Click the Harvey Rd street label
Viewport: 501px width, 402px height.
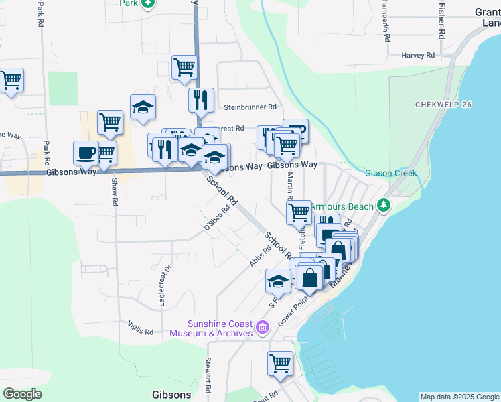(x=418, y=55)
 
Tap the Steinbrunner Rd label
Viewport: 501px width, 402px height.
(x=250, y=107)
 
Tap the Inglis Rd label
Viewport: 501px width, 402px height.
(x=141, y=327)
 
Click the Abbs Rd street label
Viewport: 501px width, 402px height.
(x=261, y=256)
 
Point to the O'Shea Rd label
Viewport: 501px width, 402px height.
(x=217, y=219)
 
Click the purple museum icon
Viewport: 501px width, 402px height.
(x=263, y=328)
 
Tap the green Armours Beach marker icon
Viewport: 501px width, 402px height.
(x=384, y=205)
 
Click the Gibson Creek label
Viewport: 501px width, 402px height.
(x=390, y=173)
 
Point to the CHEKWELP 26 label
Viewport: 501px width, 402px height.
(x=443, y=105)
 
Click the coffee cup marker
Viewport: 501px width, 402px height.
(x=86, y=153)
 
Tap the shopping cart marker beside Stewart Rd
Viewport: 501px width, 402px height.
(x=281, y=363)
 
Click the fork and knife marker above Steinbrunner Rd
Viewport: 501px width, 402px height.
(x=201, y=100)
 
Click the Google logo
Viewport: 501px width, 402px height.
(x=22, y=394)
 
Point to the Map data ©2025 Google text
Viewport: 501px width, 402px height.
(x=459, y=397)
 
